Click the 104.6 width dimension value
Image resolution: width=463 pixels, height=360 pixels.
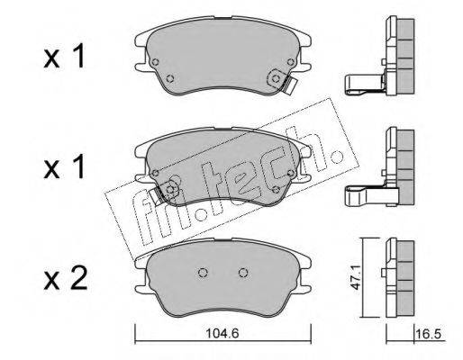[222, 333]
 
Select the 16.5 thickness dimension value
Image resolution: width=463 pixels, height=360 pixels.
[429, 333]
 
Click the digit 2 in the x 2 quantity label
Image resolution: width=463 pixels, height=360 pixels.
[78, 279]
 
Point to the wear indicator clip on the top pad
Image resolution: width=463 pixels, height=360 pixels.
[290, 85]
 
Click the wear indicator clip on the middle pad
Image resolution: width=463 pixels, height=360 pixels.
[156, 194]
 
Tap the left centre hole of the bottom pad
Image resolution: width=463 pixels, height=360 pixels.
[203, 273]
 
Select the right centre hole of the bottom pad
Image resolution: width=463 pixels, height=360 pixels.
[243, 273]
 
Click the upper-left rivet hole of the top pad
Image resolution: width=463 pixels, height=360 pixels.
[155, 62]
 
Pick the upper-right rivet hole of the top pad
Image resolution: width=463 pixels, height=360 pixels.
[290, 62]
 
